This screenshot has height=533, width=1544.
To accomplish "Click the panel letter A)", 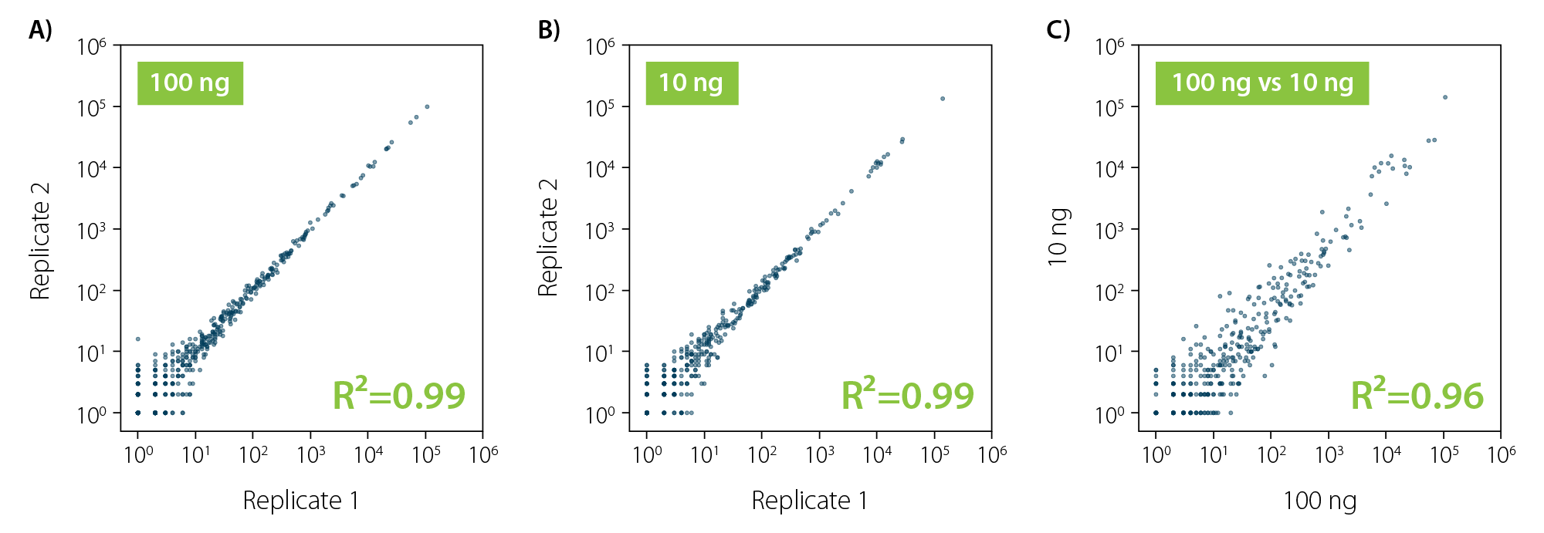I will (40, 30).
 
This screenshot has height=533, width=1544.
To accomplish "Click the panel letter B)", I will (549, 30).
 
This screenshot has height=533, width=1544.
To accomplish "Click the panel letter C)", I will (1058, 30).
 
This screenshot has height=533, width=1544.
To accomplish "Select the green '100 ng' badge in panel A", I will (190, 83).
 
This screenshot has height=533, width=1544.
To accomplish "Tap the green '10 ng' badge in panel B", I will (692, 83).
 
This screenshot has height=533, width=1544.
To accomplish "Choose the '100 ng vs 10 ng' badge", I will (1262, 83).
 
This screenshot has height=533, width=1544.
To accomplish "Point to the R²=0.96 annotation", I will (1417, 395).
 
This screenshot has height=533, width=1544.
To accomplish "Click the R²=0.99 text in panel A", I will (398, 395).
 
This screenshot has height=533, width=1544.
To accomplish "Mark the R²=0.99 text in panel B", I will (907, 395).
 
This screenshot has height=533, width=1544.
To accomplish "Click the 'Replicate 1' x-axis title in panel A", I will (301, 501).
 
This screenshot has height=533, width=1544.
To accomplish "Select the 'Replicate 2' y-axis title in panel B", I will (548, 238).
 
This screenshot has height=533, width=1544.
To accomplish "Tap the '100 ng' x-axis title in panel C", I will (1319, 501).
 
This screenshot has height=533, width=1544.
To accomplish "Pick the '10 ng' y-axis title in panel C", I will (1058, 238).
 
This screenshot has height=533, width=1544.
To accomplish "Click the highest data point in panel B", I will (943, 99).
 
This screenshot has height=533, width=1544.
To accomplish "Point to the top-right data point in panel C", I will (1445, 97).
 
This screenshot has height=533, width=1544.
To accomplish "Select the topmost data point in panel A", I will (427, 106).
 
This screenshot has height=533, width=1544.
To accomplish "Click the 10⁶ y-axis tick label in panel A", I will (92, 47).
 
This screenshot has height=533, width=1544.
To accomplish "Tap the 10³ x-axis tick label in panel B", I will (820, 454).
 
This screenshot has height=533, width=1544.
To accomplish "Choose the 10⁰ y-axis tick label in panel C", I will (1110, 415).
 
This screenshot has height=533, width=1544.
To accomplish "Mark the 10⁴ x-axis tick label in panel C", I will (1387, 454).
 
